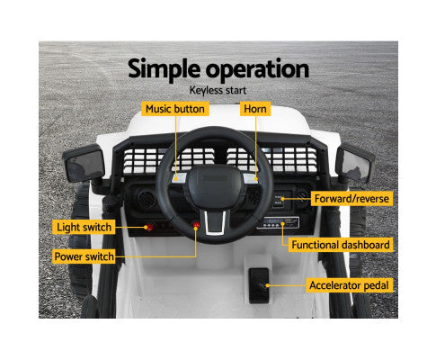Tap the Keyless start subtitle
(x=218, y=90)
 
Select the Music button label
(x=175, y=109)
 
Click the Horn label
(x=255, y=109)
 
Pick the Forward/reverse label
(x=350, y=198)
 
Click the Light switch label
(x=83, y=227)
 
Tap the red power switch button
(x=192, y=227)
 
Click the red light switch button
(x=150, y=225)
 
